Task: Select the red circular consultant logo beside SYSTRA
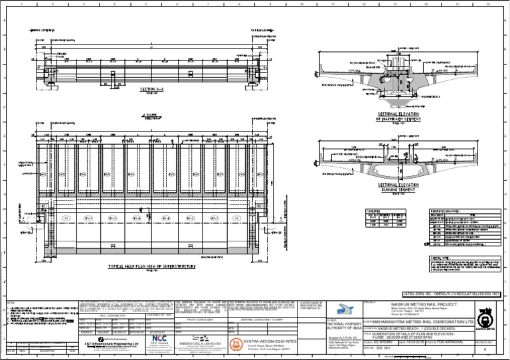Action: coord(234,343)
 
